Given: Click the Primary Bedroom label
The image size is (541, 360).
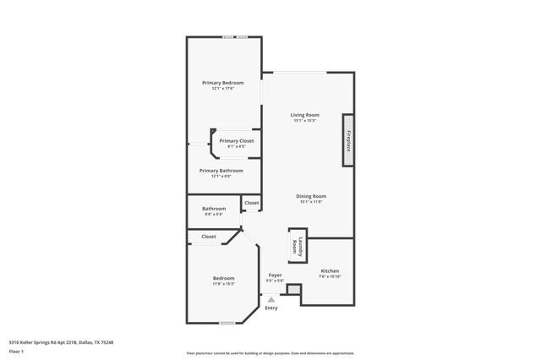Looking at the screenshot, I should [223, 83].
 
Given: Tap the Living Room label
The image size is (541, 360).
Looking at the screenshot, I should [305, 115].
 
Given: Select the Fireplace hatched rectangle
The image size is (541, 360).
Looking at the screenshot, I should [347, 139].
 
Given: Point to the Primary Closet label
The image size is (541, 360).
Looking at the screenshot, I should [237, 141].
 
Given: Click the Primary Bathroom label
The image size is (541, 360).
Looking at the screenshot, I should [221, 171].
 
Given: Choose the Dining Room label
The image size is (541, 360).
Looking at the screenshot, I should [311, 196].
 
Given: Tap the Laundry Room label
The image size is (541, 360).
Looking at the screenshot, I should [295, 246].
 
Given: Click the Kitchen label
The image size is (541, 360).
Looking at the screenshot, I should [330, 271].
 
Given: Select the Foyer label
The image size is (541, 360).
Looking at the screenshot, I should [275, 275].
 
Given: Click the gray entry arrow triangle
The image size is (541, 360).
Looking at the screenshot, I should [271, 299].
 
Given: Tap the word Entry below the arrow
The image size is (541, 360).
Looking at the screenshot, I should [271, 308].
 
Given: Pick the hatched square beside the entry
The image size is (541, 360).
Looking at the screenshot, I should [293, 290].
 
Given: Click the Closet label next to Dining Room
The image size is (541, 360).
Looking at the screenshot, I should [252, 203].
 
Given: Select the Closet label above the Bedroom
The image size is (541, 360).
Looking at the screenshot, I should [209, 237].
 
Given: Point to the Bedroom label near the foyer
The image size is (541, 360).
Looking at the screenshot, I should [223, 278].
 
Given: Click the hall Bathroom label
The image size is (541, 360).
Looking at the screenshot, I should [214, 209].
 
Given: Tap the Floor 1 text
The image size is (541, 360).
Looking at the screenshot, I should [16, 351].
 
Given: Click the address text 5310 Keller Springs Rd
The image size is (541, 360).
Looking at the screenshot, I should [61, 342].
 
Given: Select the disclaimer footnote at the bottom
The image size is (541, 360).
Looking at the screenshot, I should [270, 353].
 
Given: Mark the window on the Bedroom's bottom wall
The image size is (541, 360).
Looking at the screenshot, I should [227, 323].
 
